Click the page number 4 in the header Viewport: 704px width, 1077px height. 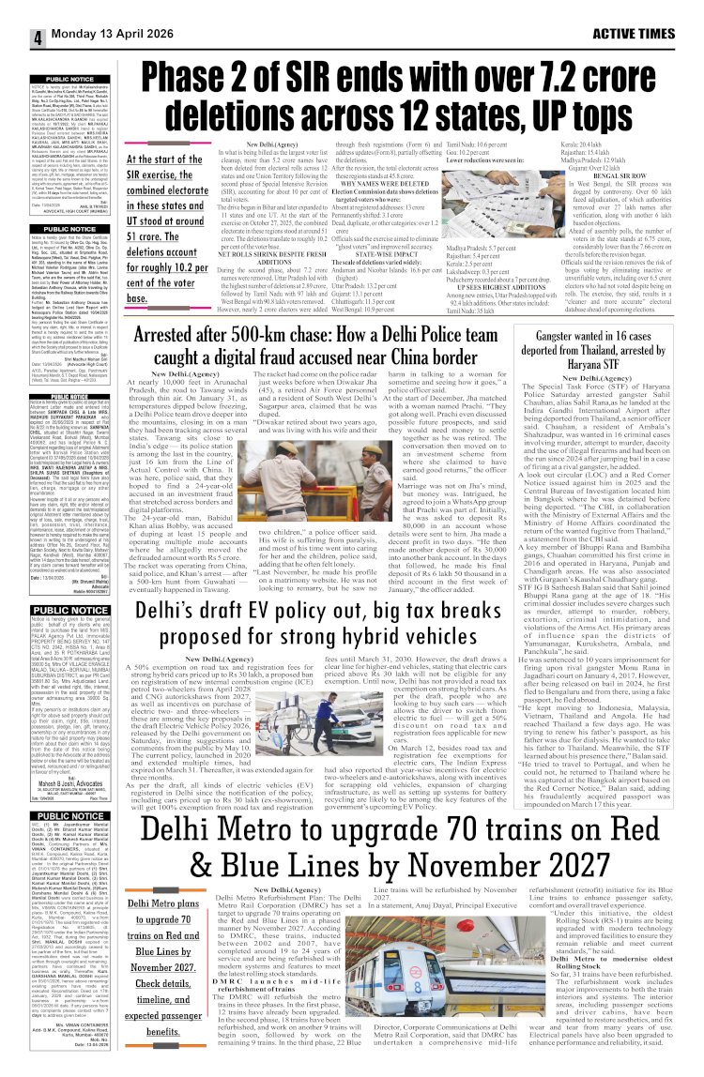click(x=13, y=38)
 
